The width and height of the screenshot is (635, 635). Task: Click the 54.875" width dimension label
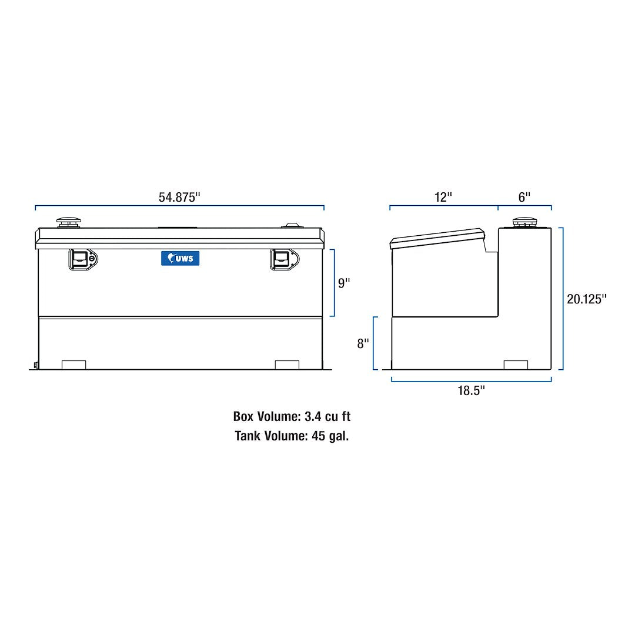point(179,197)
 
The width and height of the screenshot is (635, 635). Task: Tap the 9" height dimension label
point(344,283)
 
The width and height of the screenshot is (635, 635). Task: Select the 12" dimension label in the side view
point(443,197)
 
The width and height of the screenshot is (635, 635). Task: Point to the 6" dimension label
point(524,197)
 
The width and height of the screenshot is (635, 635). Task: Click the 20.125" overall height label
point(586,299)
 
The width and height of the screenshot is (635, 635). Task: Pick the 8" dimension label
point(363,343)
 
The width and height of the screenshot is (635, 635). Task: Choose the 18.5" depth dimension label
point(471,391)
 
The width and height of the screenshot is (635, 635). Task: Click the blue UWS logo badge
point(181,258)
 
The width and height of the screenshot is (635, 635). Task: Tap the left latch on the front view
point(83,259)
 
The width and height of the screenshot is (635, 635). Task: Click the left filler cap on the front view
point(69,222)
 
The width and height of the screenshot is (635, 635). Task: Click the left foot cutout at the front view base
point(73,365)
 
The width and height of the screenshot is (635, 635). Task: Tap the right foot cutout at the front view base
point(287,365)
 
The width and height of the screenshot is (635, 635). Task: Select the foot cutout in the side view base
point(516,365)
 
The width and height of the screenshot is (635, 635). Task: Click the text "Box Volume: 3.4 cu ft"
point(292,416)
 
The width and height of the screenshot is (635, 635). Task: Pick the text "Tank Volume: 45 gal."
point(292,436)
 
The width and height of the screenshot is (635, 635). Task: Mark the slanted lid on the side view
point(438,238)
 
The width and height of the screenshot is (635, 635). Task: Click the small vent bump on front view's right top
point(292,225)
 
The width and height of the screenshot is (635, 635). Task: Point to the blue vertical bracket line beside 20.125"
point(563,299)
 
